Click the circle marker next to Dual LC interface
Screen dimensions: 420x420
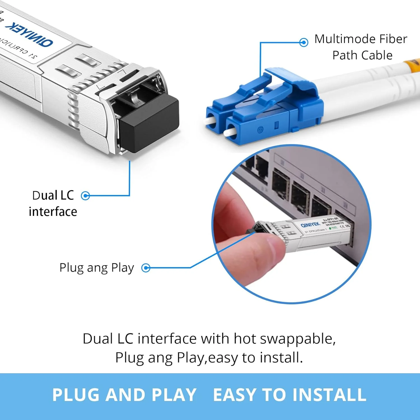click(x=85, y=196)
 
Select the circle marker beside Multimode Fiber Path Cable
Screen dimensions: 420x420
click(x=304, y=42)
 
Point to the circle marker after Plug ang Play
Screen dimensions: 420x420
click(x=146, y=268)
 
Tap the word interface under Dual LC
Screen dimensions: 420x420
click(x=53, y=212)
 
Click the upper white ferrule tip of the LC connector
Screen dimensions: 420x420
click(x=209, y=121)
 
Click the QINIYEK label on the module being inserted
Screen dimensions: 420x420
click(x=310, y=225)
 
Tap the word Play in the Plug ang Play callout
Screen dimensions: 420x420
click(x=122, y=268)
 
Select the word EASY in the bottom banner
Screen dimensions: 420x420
click(x=235, y=395)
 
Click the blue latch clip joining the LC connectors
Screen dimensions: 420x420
click(x=297, y=81)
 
